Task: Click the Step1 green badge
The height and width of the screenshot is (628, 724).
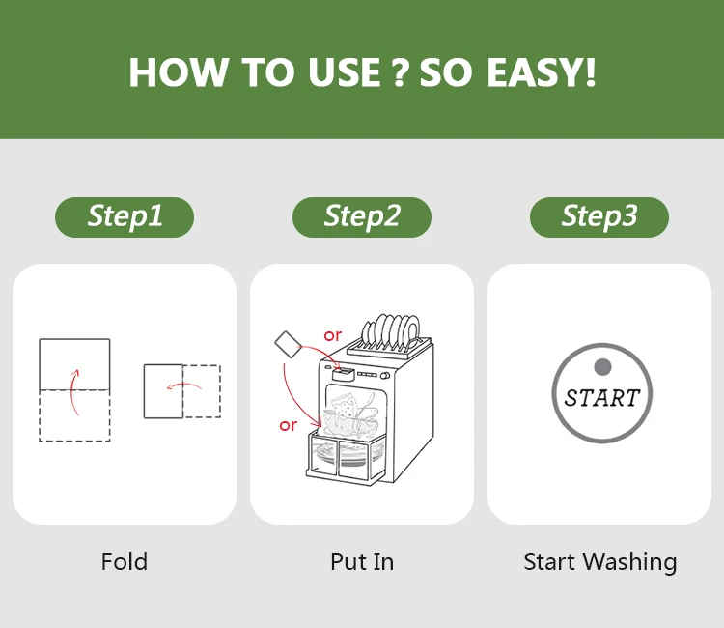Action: (125, 217)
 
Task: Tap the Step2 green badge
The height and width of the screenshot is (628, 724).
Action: (362, 217)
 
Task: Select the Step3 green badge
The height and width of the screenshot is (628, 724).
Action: (599, 217)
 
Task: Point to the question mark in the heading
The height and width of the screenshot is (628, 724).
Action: (401, 72)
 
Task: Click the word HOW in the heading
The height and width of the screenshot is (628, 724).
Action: (179, 72)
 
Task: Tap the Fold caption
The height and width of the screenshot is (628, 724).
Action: (125, 561)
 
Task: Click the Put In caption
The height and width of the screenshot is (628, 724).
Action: (362, 561)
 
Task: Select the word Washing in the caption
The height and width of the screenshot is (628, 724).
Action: (629, 562)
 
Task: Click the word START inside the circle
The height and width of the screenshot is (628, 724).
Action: (602, 398)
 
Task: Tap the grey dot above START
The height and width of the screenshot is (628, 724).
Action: (602, 367)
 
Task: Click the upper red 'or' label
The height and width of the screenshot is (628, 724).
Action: (332, 335)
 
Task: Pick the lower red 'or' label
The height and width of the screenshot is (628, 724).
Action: (288, 425)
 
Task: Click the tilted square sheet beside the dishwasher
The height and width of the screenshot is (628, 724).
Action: (288, 344)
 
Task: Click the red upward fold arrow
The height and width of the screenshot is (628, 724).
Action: (73, 393)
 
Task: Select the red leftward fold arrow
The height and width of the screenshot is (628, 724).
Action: (183, 385)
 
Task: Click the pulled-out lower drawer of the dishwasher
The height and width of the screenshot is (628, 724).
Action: (346, 458)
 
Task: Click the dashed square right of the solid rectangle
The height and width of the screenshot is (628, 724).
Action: (202, 391)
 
